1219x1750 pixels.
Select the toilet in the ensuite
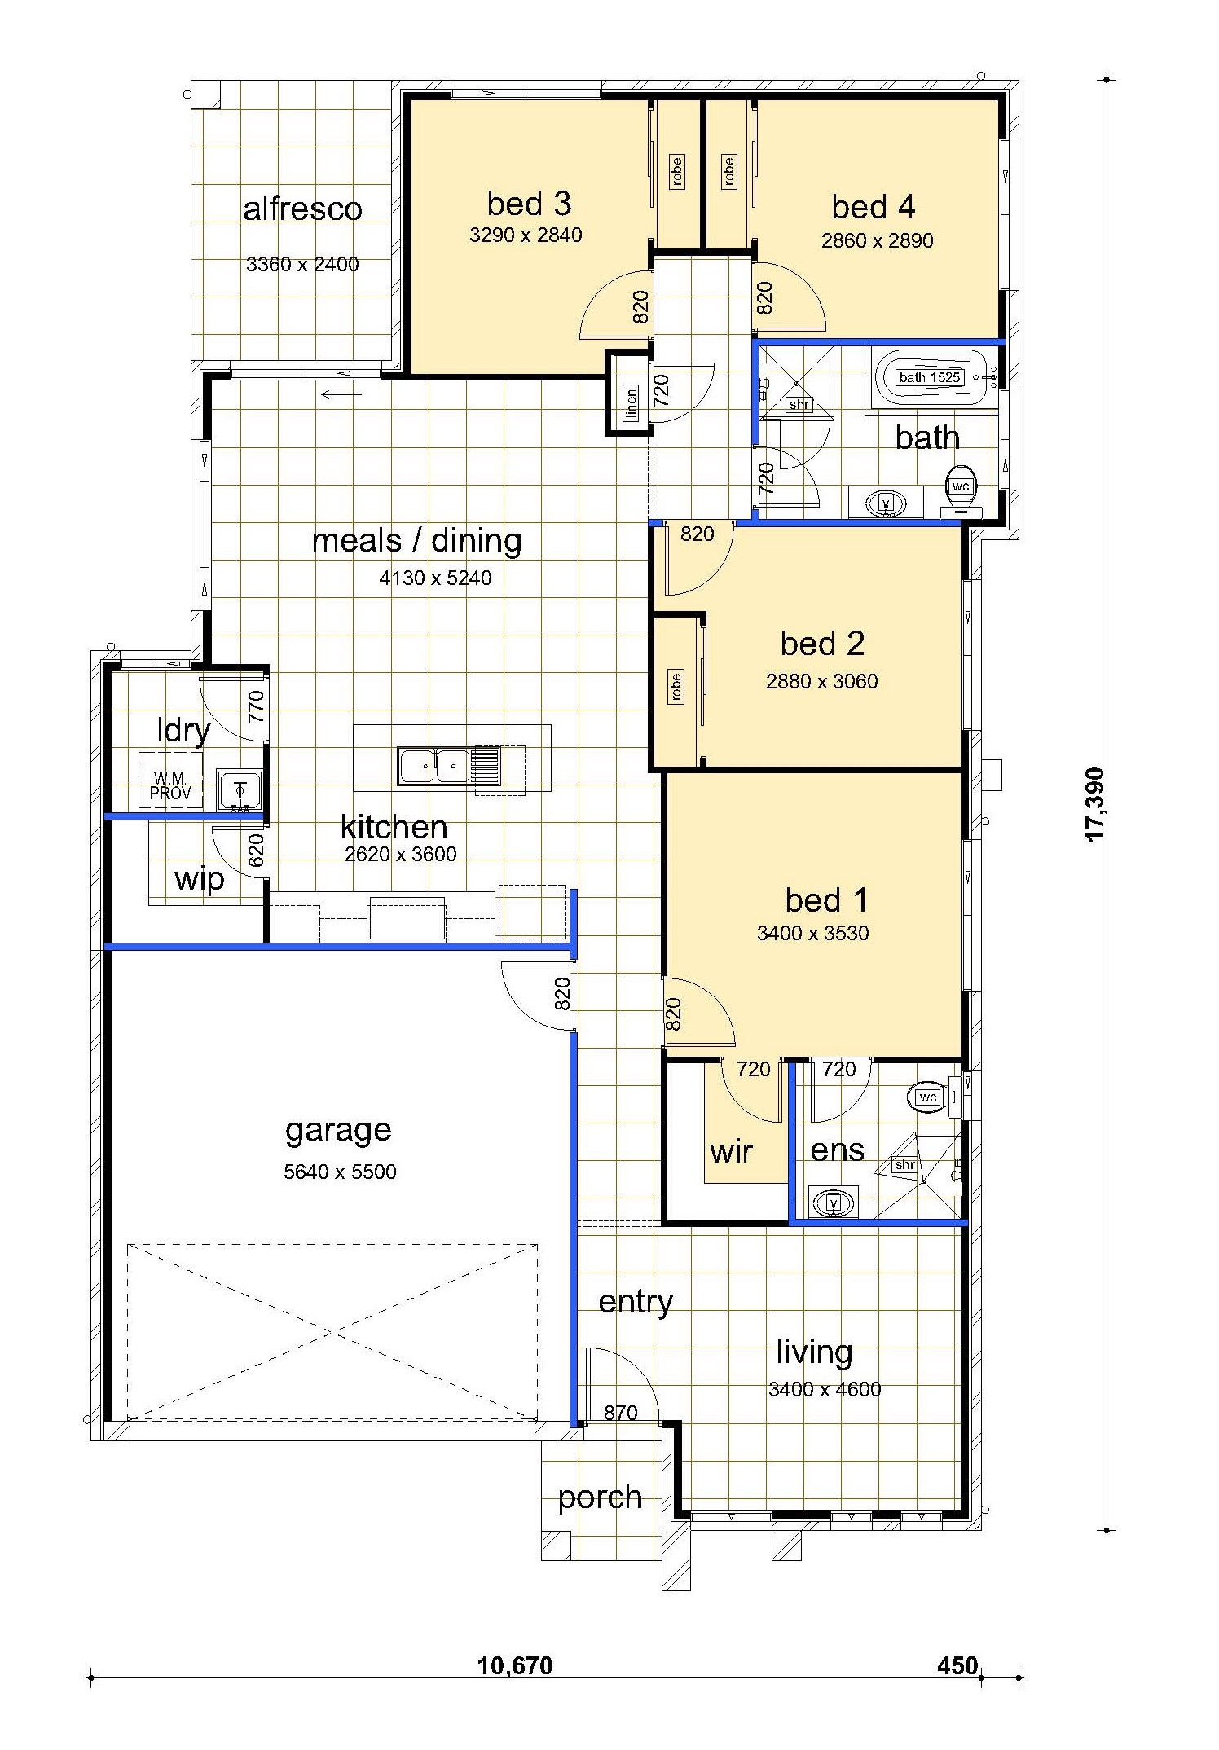pos(933,1097)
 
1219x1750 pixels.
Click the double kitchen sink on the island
pos(433,766)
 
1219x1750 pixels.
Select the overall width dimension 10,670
pos(515,1665)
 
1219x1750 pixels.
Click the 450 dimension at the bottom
pos(957,1665)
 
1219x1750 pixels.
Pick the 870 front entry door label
pos(621,1413)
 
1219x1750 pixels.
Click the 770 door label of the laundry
pos(256,706)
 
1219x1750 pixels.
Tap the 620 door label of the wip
pos(256,850)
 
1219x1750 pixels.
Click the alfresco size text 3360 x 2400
pos(302,264)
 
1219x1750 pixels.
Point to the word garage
pos(338,1131)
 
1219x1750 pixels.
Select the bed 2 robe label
pos(676,686)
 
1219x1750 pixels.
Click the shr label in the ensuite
pos(905,1165)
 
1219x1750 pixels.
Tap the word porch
pos(600,1497)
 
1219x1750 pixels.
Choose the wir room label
pos(731,1151)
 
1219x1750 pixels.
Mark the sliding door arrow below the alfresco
pos(341,395)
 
